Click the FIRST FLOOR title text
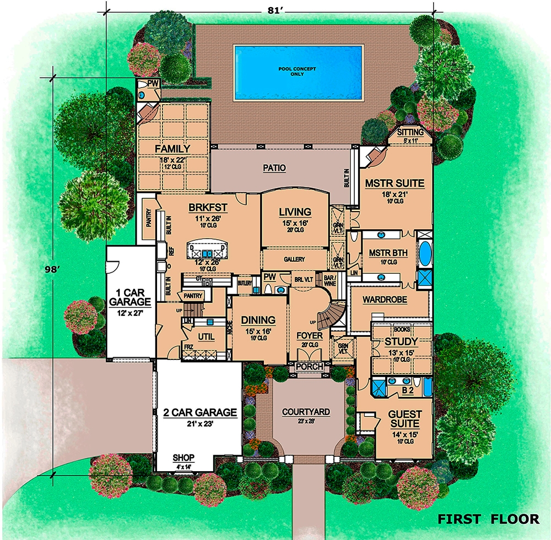pos(488,518)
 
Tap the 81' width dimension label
pos(270,9)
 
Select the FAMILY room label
pos(172,149)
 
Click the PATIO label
pos(274,168)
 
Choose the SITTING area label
pos(410,133)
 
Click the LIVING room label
pos(295,212)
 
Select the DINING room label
pos(258,320)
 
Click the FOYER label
pos(309,335)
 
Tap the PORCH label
pos(309,367)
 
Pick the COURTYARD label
pos(306,412)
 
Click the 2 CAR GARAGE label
pos(199,412)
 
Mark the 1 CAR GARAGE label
pos(130,297)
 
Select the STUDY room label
pos(398,342)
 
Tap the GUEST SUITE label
pos(405,419)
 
